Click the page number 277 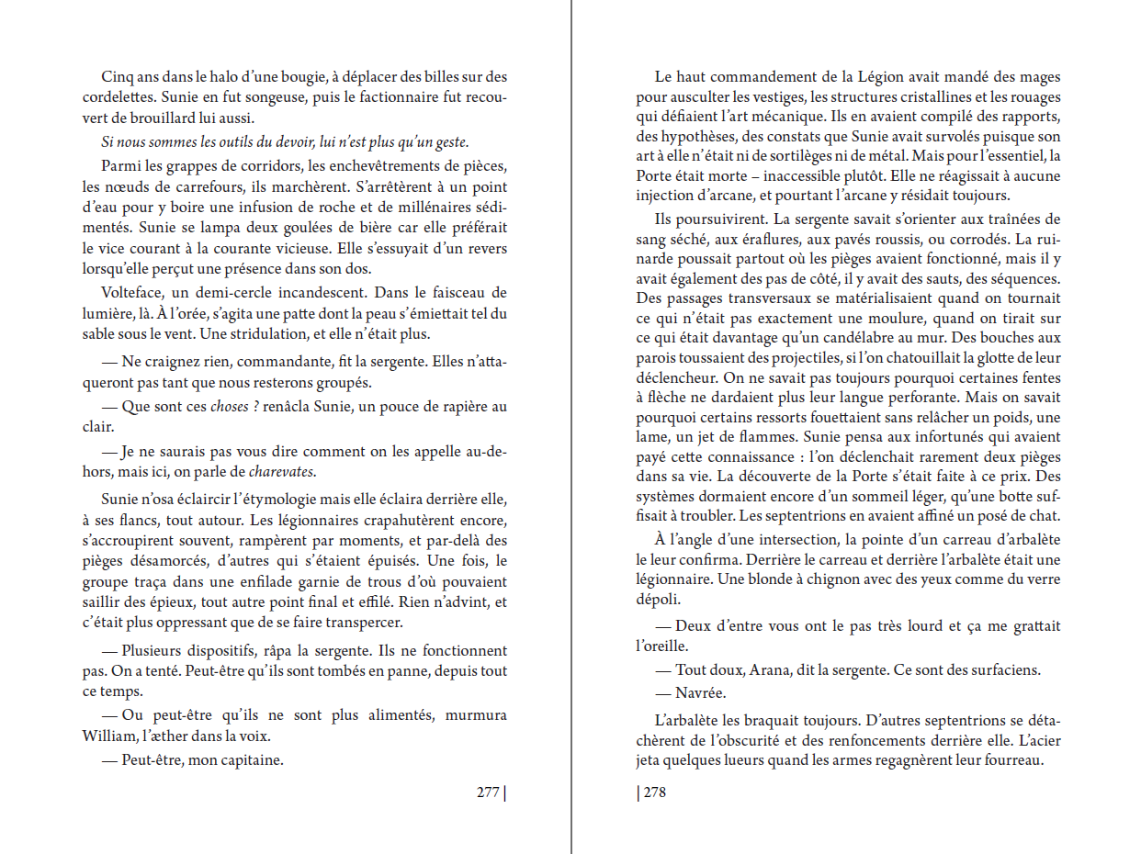pos(488,792)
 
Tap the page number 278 pos(654,792)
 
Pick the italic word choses pos(230,407)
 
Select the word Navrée pos(701,692)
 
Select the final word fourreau pos(1015,761)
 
